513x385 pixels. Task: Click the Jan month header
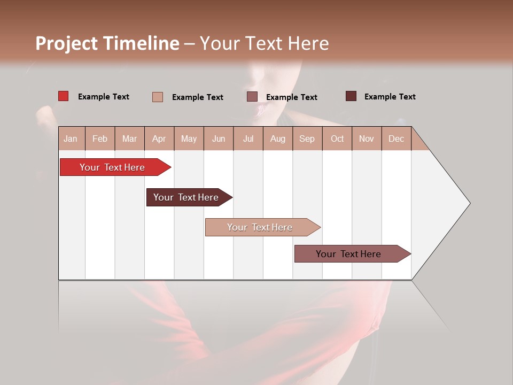[71, 139]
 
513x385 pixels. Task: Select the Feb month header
[100, 139]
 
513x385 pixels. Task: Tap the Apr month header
[159, 139]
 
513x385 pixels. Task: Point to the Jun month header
[219, 139]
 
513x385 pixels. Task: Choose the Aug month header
[277, 139]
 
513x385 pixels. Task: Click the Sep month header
[307, 139]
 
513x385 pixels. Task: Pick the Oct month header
[337, 139]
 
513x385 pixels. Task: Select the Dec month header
[396, 139]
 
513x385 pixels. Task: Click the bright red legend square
[64, 96]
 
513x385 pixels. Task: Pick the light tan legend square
[158, 97]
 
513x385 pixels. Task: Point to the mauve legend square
[252, 97]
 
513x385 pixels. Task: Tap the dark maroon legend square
[351, 96]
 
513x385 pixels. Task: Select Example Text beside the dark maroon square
[390, 97]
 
